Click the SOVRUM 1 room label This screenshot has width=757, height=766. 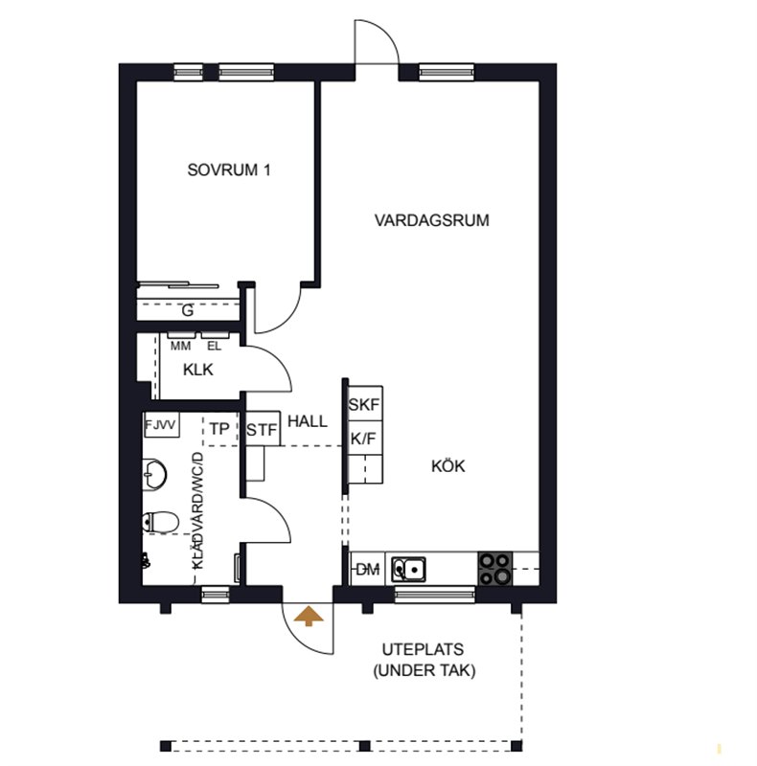click(x=229, y=170)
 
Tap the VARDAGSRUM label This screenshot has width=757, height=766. click(x=432, y=220)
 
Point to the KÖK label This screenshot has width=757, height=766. click(x=447, y=466)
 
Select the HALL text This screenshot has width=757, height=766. click(x=307, y=421)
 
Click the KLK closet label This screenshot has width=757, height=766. click(x=198, y=370)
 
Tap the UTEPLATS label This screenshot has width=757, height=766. click(x=423, y=650)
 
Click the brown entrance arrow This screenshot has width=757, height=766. click(x=309, y=616)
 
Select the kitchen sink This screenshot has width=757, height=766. click(x=409, y=569)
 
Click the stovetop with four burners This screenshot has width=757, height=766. click(x=495, y=569)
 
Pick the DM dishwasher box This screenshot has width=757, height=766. click(x=368, y=569)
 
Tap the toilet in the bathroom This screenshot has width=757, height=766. click(x=160, y=522)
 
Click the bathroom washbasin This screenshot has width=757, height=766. click(x=155, y=474)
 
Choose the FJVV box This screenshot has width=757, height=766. click(x=161, y=425)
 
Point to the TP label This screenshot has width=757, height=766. click(x=219, y=429)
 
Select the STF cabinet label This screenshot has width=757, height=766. click(x=262, y=430)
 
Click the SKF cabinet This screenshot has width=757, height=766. click(x=364, y=403)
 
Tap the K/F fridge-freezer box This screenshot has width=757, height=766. click(x=364, y=438)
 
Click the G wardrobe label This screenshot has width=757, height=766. click(x=187, y=310)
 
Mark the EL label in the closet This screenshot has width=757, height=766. click(x=215, y=347)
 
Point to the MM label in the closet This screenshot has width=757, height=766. click(x=180, y=347)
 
